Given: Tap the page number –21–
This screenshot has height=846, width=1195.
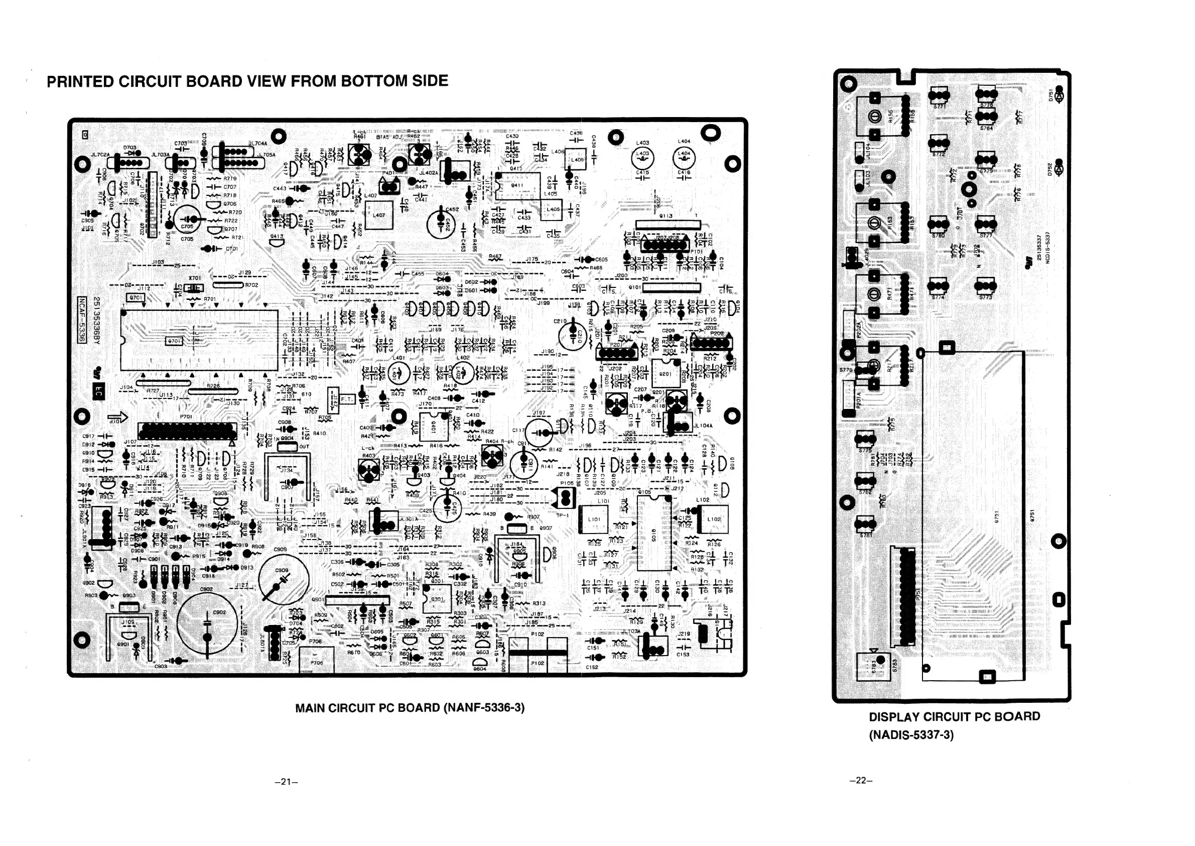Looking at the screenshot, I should (286, 781).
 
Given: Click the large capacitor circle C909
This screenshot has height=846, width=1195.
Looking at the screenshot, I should (283, 578).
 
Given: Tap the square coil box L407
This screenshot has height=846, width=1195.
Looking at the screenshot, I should (379, 215).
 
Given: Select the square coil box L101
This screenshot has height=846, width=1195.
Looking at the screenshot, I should (594, 519).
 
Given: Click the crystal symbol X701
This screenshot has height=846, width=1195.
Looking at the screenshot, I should (195, 287).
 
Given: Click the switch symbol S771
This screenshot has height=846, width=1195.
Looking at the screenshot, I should (940, 96).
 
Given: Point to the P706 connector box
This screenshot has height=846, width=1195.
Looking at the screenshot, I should (317, 660).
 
